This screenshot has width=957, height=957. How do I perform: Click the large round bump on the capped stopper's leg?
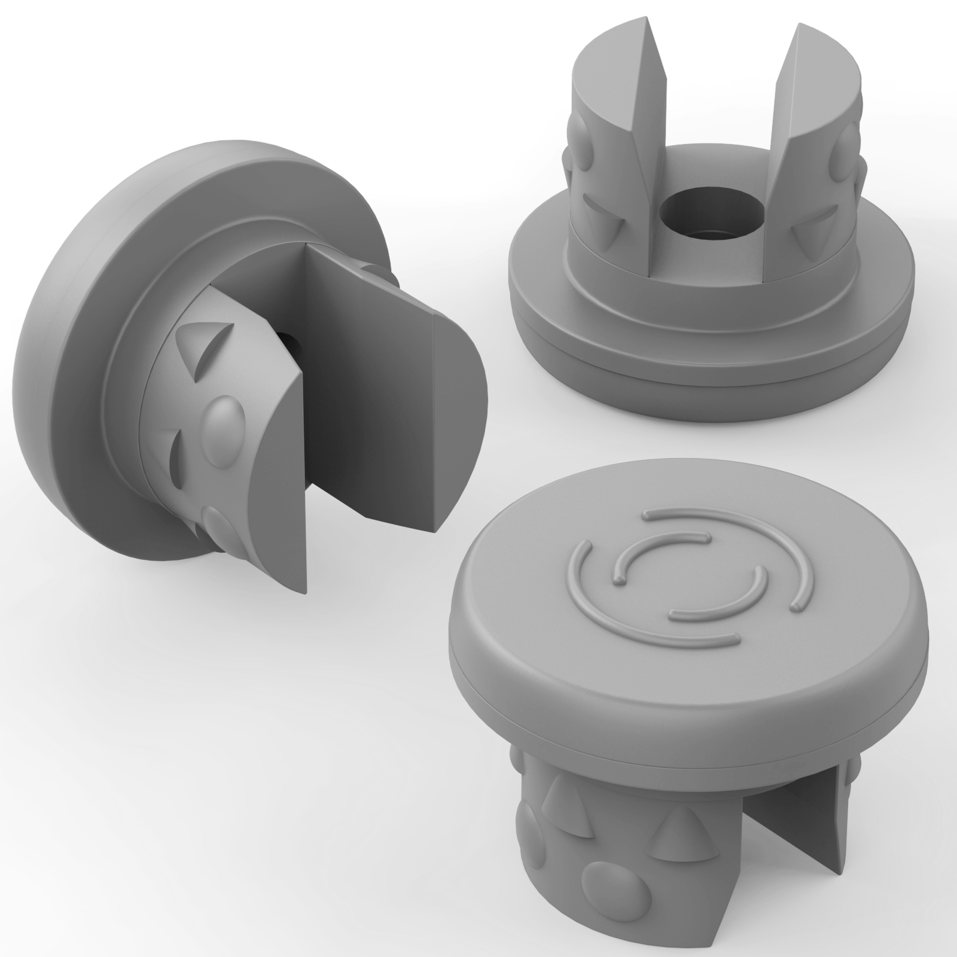click(x=604, y=897)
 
